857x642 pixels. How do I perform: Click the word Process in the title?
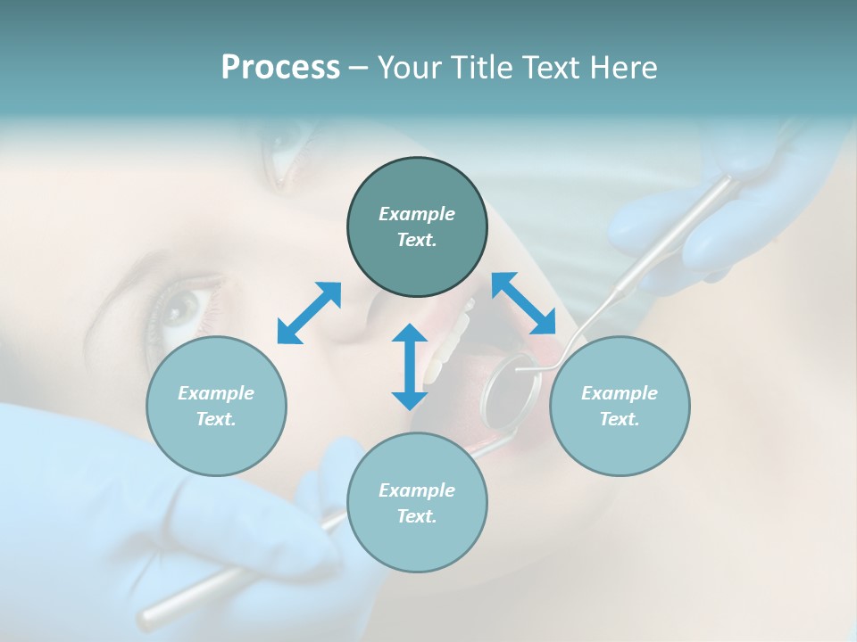(280, 68)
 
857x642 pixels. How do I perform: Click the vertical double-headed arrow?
(410, 367)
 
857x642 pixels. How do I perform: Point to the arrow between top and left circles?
(309, 313)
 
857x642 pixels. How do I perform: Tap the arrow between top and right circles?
(524, 303)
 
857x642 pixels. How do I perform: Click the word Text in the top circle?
(416, 240)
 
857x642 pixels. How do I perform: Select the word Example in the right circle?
(620, 393)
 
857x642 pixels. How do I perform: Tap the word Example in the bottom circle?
(417, 490)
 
